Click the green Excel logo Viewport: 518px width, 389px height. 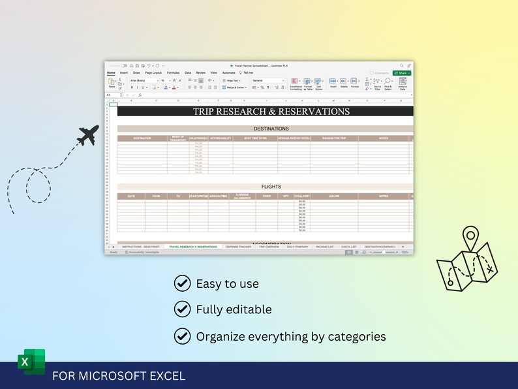tap(31, 362)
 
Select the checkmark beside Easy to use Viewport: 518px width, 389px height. tap(182, 283)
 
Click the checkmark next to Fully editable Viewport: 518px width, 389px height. tap(182, 309)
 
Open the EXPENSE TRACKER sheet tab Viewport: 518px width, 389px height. tap(238, 247)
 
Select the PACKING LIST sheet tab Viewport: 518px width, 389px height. tap(324, 247)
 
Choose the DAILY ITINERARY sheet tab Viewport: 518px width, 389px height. tap(297, 247)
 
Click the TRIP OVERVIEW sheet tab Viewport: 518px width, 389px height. tap(269, 247)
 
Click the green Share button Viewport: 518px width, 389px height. tap(402, 73)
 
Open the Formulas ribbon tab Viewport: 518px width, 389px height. tap(173, 73)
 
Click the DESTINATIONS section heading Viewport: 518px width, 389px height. tap(271, 129)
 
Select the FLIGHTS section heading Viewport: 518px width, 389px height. tap(271, 187)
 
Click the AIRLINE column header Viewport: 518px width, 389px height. tap(334, 196)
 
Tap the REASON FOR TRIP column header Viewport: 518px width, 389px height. tap(334, 138)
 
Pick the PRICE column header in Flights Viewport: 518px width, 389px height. tap(266, 196)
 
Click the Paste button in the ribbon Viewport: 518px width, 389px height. tap(112, 84)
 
